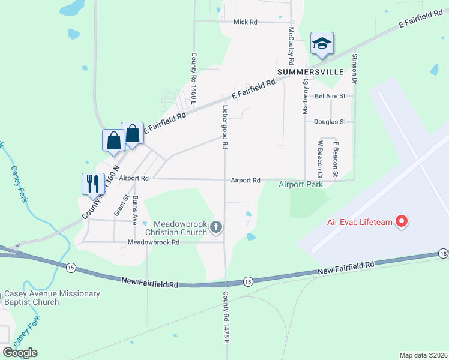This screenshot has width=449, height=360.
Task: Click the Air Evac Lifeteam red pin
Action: [x=402, y=221]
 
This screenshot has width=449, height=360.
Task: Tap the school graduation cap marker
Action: [x=322, y=43]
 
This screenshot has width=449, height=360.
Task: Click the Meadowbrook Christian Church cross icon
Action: [x=217, y=227]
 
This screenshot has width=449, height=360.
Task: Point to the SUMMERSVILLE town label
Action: [x=310, y=72]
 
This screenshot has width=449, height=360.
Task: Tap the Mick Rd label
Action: [x=245, y=22]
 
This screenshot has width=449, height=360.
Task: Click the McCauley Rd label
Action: [x=291, y=46]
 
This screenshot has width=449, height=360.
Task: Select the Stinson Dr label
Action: [x=355, y=68]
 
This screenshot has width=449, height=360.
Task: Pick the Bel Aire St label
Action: [x=330, y=95]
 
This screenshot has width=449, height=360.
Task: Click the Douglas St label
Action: [x=330, y=122]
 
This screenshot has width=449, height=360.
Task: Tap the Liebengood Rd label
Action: [x=225, y=127]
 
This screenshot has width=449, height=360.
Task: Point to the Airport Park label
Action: [x=301, y=184]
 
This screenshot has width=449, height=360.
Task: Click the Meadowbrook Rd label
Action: [x=154, y=242]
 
